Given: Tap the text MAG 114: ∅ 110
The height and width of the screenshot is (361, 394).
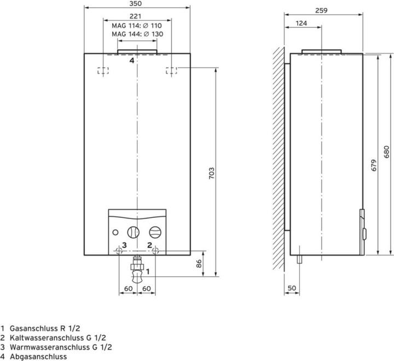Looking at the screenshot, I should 137,26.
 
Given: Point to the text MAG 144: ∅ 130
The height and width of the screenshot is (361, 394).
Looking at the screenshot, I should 137,34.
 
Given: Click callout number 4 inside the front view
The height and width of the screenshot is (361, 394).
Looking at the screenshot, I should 132,61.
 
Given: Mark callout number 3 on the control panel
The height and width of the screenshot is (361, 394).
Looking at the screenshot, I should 124,245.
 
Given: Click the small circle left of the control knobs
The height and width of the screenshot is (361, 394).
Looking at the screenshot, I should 115,233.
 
